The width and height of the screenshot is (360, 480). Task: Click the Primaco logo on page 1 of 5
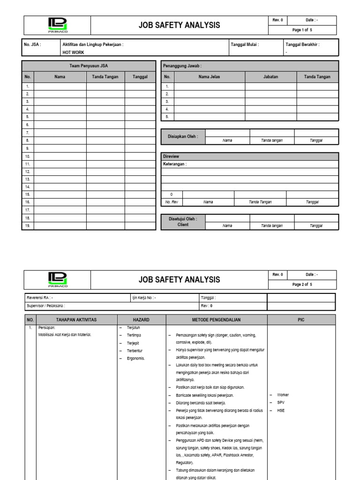(57, 25)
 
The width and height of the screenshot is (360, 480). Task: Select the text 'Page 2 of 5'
(302, 285)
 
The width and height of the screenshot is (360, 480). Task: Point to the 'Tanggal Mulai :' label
(244, 45)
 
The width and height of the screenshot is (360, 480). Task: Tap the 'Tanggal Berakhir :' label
(302, 45)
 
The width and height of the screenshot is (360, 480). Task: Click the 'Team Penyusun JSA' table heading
(89, 66)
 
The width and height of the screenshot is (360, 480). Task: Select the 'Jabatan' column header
(270, 77)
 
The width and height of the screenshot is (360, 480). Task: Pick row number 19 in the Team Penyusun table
(28, 226)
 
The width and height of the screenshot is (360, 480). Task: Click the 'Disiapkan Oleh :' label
(183, 137)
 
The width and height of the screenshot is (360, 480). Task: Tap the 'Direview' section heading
(171, 156)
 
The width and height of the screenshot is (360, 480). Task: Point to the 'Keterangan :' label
(174, 164)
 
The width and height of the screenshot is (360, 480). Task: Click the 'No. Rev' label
(172, 202)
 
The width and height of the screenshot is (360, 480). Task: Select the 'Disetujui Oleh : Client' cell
(183, 222)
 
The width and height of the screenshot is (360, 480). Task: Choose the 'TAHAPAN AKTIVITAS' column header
(76, 320)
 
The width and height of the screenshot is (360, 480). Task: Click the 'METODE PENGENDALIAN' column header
(217, 320)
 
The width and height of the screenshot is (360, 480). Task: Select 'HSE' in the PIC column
(281, 411)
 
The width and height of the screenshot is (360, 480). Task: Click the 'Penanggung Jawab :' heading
(182, 66)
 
